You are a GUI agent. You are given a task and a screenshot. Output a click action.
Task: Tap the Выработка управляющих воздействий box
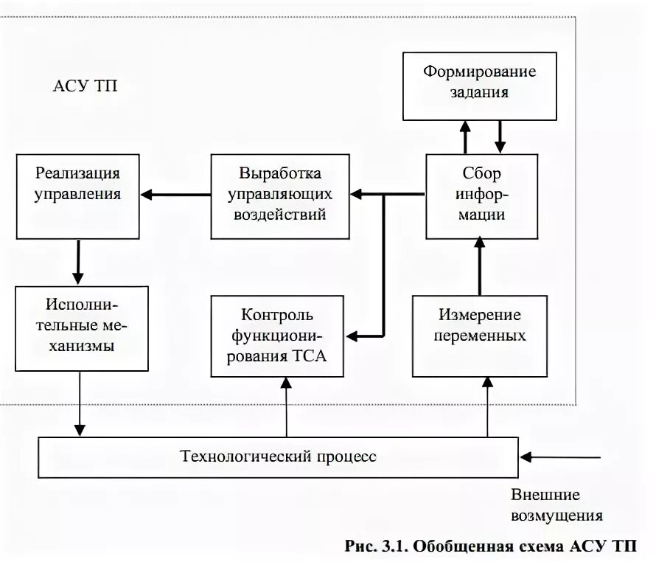[279, 195]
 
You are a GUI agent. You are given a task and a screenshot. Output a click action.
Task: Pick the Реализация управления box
[77, 195]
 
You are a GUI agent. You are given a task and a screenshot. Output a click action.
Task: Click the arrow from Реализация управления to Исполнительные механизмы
[77, 263]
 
